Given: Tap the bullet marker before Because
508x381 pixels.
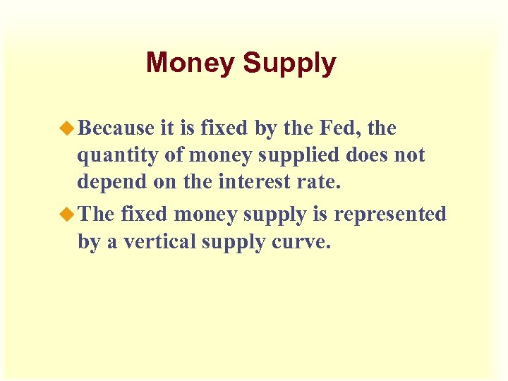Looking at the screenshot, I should coord(69,128).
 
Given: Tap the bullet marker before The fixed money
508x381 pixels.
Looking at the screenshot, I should coord(69,213).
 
